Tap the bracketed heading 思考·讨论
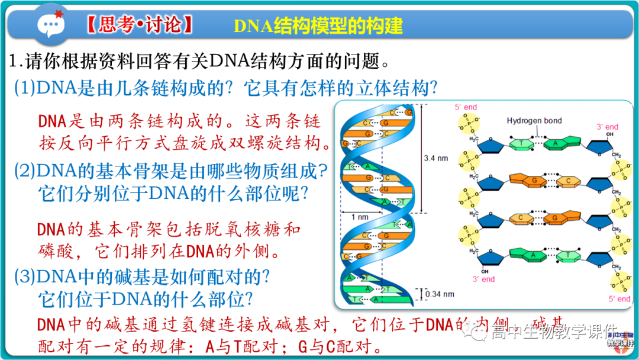click(140, 25)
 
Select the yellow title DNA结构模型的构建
click(318, 25)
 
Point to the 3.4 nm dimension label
click(436, 159)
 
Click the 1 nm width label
click(360, 217)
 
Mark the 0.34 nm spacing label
click(440, 294)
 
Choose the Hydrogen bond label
click(534, 121)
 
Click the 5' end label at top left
click(466, 107)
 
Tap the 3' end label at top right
click(607, 127)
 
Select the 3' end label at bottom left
click(483, 279)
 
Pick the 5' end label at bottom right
click(619, 299)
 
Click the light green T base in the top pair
click(521, 144)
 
